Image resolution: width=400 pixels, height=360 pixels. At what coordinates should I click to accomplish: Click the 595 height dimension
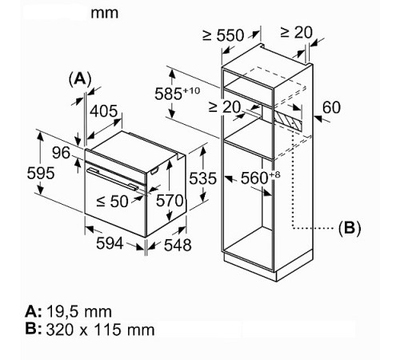pyautogui.click(x=41, y=174)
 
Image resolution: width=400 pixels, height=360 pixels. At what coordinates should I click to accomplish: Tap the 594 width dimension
pyautogui.click(x=110, y=243)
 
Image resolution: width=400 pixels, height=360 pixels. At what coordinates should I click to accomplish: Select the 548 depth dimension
pyautogui.click(x=178, y=245)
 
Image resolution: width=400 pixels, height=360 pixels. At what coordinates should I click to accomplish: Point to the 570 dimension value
pyautogui.click(x=170, y=201)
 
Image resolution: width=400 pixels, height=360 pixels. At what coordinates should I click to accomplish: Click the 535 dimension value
pyautogui.click(x=202, y=178)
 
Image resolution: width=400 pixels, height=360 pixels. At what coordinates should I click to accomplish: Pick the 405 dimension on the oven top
pyautogui.click(x=103, y=111)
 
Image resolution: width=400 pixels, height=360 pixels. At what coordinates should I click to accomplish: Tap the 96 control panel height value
pyautogui.click(x=61, y=153)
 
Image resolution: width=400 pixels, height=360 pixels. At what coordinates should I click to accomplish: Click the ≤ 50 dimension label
pyautogui.click(x=112, y=202)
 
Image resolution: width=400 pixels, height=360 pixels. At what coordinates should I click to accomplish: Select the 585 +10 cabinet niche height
pyautogui.click(x=177, y=94)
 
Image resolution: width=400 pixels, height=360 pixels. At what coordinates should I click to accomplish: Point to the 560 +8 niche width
pyautogui.click(x=261, y=178)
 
